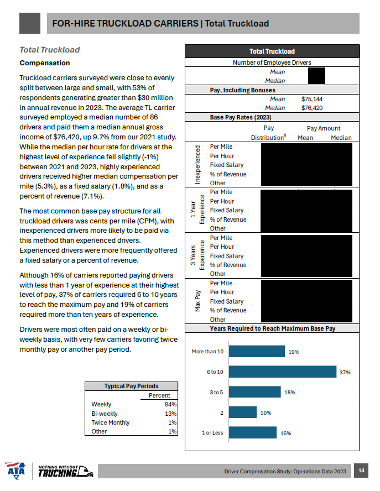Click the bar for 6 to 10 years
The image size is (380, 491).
[282, 372]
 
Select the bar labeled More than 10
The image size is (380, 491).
[256, 351]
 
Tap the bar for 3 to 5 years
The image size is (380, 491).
[254, 392]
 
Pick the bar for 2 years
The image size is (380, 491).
[242, 412]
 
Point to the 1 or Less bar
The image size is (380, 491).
[252, 432]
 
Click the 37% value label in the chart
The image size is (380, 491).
[345, 373]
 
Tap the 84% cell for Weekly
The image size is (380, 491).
[170, 405]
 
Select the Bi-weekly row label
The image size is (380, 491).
[104, 414]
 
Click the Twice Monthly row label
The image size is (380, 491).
[111, 422]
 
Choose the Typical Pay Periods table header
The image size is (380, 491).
[131, 386]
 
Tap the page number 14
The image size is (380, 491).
[361, 471]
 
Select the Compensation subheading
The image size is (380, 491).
[45, 63]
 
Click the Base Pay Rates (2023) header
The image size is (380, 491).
[241, 117]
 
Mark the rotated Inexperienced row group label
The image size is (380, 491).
[198, 164]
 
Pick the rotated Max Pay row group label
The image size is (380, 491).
[198, 301]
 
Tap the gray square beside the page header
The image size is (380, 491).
[30, 23]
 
